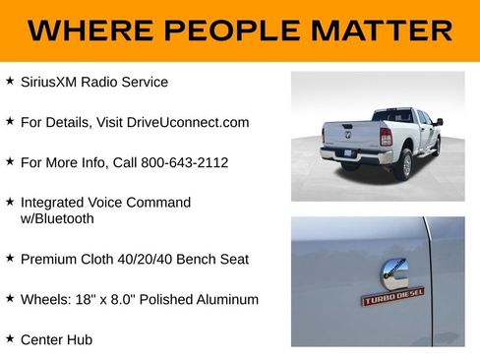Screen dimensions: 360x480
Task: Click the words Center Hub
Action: pos(56,339)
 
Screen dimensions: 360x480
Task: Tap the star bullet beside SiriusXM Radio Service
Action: pos(10,81)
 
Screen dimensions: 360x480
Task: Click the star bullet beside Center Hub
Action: pos(10,338)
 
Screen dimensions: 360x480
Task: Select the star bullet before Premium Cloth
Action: pos(10,258)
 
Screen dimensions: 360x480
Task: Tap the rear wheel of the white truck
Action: pos(403,164)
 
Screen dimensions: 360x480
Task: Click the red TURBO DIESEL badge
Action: pos(392,297)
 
